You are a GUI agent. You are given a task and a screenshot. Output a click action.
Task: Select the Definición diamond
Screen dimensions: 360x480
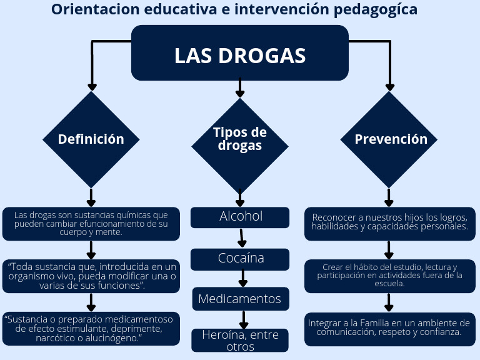click(91, 139)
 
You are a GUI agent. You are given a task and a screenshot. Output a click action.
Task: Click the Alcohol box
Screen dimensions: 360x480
click(240, 217)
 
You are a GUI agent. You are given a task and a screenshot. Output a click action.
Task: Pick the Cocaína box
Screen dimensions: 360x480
click(240, 258)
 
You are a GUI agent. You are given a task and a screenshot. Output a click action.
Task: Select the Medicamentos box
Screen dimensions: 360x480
click(240, 299)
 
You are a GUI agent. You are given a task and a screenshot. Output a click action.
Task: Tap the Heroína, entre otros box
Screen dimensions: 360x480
click(240, 341)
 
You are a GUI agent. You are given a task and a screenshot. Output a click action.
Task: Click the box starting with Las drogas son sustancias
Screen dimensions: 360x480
click(91, 223)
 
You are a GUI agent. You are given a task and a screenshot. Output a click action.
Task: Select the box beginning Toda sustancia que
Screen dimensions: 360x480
click(91, 276)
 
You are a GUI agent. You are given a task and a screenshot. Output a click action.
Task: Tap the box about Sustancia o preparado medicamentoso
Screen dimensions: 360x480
click(91, 328)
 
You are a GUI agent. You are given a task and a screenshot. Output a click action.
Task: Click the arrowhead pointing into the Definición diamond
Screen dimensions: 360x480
click(92, 86)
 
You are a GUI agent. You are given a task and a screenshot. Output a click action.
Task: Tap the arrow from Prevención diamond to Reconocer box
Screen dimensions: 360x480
click(389, 197)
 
